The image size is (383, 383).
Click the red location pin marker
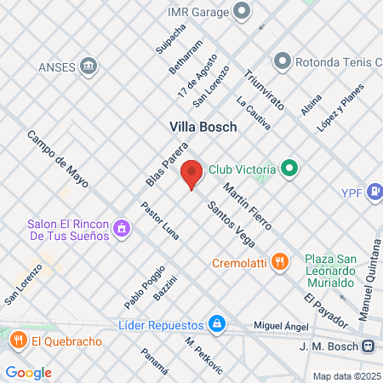pos(191,174)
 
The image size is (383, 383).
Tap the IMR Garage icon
pos(243,11)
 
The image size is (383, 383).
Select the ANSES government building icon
pos(88,66)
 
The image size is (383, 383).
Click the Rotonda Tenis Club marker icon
pos(282,61)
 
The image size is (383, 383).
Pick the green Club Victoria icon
pos(289,168)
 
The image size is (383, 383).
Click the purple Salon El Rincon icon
pos(123,228)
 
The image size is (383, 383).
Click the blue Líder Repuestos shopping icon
pos(218,324)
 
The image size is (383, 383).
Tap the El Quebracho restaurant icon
pos(18,340)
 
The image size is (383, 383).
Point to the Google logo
pos(29,372)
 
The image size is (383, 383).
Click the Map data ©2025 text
pos(345,376)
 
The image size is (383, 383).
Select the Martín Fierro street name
pos(247,206)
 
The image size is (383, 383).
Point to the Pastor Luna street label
pos(159,220)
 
